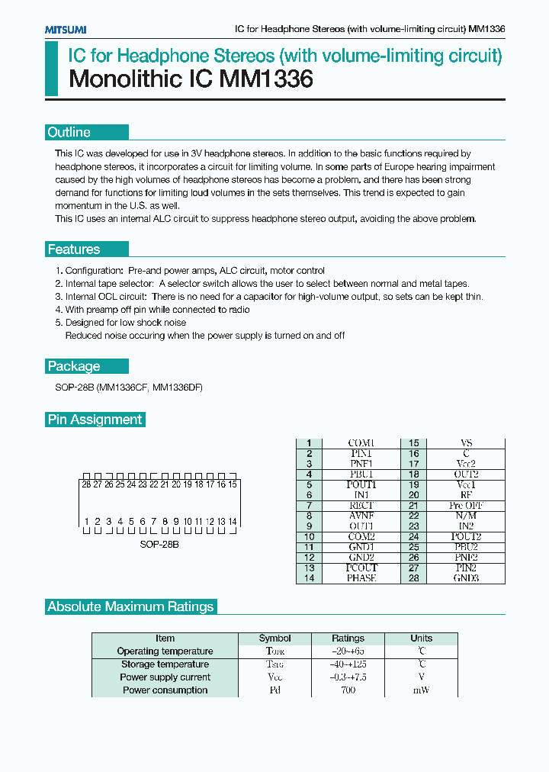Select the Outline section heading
coord(69,132)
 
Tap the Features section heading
coord(73,249)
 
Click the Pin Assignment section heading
coord(95,420)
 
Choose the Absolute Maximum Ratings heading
coord(130,607)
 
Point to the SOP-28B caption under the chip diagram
coord(159,545)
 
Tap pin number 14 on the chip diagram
coord(233,522)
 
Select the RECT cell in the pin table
coord(361,506)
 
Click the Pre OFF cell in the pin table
coord(466,506)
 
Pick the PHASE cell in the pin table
coord(361,578)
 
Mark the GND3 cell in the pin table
coord(466,578)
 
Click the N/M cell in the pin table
coord(466,516)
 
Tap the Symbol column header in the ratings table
coord(274,639)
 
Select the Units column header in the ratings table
coord(421,639)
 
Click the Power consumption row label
coord(165,690)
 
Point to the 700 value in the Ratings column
coord(348,690)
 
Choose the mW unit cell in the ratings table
coord(421,690)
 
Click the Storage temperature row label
coord(165,664)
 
